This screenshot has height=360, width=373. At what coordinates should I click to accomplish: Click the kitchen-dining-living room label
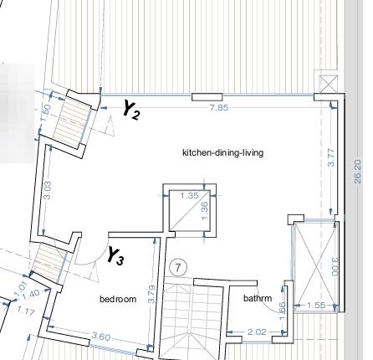click(222, 152)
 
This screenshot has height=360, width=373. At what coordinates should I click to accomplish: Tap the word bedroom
click(118, 299)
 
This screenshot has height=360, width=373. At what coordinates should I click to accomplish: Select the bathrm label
click(258, 298)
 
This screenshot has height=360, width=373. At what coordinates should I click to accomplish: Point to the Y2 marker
click(130, 109)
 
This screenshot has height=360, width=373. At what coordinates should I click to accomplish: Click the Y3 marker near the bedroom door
click(115, 256)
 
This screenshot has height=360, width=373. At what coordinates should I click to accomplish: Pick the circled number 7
click(177, 267)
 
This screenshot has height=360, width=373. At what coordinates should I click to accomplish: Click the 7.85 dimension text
click(219, 107)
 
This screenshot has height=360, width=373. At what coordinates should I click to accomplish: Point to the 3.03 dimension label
click(48, 190)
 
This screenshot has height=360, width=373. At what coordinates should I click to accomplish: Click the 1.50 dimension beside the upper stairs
click(47, 110)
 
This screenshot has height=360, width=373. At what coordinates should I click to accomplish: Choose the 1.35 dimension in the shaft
click(190, 196)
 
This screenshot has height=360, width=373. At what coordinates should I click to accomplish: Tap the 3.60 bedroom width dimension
click(101, 337)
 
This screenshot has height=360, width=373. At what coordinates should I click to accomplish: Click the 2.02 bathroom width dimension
click(258, 332)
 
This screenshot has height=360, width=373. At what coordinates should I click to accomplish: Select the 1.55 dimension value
click(315, 306)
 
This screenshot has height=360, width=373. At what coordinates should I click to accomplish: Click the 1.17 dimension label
click(24, 311)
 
